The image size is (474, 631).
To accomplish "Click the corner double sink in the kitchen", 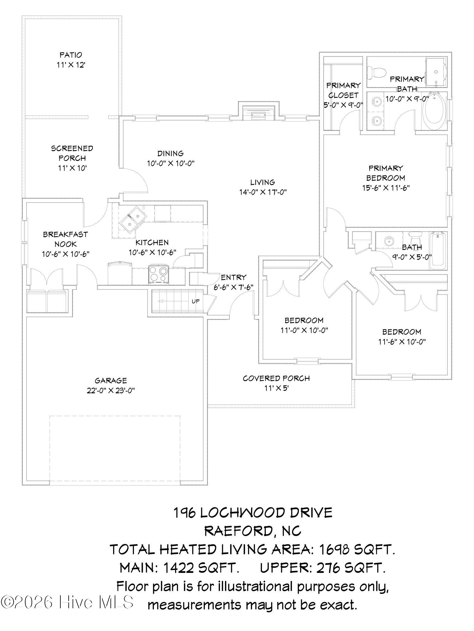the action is point(133,219).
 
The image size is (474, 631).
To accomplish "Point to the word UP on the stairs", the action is point(196,301).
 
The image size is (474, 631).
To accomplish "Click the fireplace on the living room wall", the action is point(259,113).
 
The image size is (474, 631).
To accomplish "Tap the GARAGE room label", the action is point(111,380).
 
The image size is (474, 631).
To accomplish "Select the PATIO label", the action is point(71,55).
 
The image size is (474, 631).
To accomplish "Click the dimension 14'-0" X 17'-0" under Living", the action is point(263,192).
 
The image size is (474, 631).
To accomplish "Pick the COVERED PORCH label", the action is point(276,378).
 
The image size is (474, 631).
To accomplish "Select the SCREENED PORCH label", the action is point(72,153).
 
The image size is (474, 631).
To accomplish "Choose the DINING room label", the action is point(171,153).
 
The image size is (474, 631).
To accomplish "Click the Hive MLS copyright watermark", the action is point(67,602).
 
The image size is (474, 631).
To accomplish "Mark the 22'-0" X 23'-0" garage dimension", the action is point(111,391).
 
